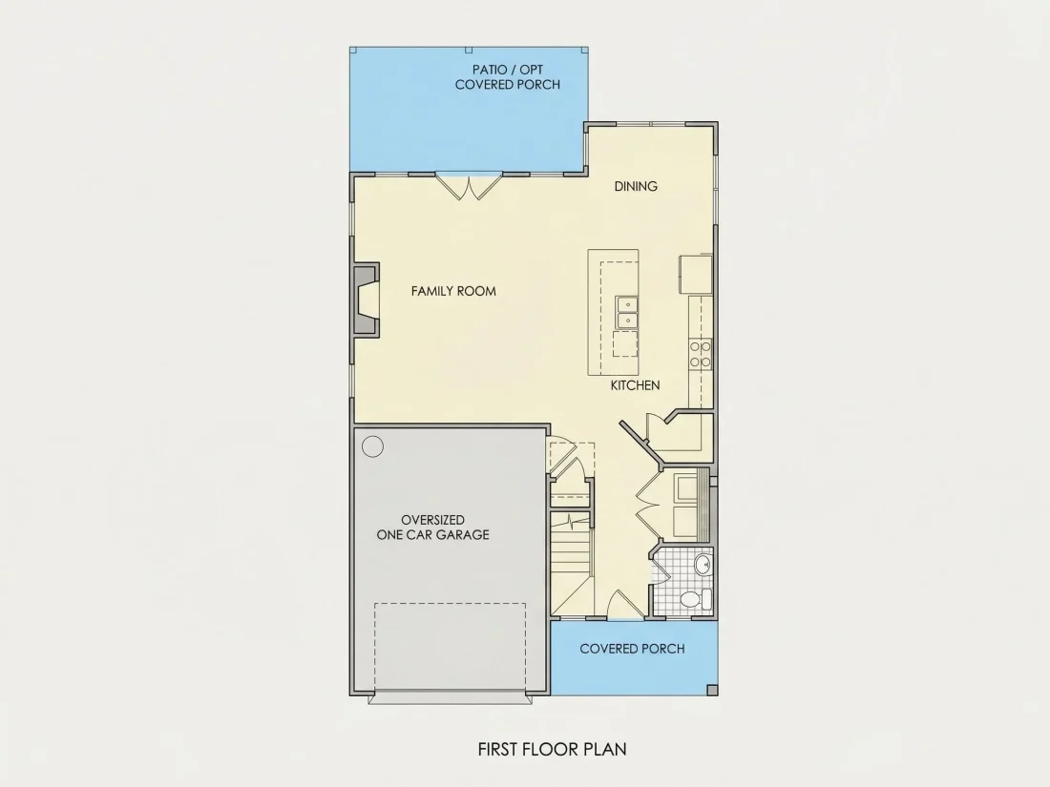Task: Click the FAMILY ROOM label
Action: click(x=453, y=291)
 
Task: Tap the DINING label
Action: click(x=636, y=186)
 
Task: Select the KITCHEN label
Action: click(x=635, y=385)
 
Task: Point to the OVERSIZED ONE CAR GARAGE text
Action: click(x=432, y=528)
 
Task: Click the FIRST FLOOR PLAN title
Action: click(x=553, y=749)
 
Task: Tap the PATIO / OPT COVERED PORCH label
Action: click(x=508, y=77)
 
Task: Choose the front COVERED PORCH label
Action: click(x=632, y=649)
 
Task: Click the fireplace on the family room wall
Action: click(x=366, y=300)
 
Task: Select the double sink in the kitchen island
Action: click(x=627, y=313)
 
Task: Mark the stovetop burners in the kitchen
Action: click(x=701, y=354)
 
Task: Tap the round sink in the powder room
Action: click(x=703, y=566)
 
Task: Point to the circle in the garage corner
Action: click(x=372, y=446)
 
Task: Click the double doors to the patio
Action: click(x=469, y=187)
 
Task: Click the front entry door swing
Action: click(x=624, y=604)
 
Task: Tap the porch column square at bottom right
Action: click(x=712, y=690)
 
